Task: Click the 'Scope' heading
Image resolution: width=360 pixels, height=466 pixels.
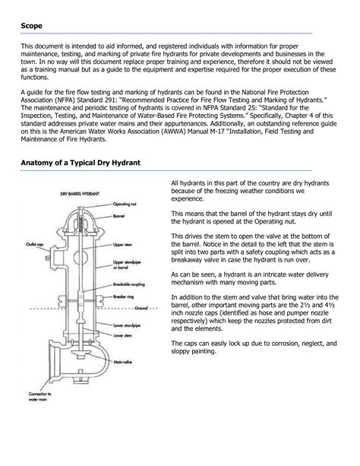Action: (x=31, y=26)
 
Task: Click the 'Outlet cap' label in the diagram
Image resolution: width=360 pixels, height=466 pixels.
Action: (x=34, y=244)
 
